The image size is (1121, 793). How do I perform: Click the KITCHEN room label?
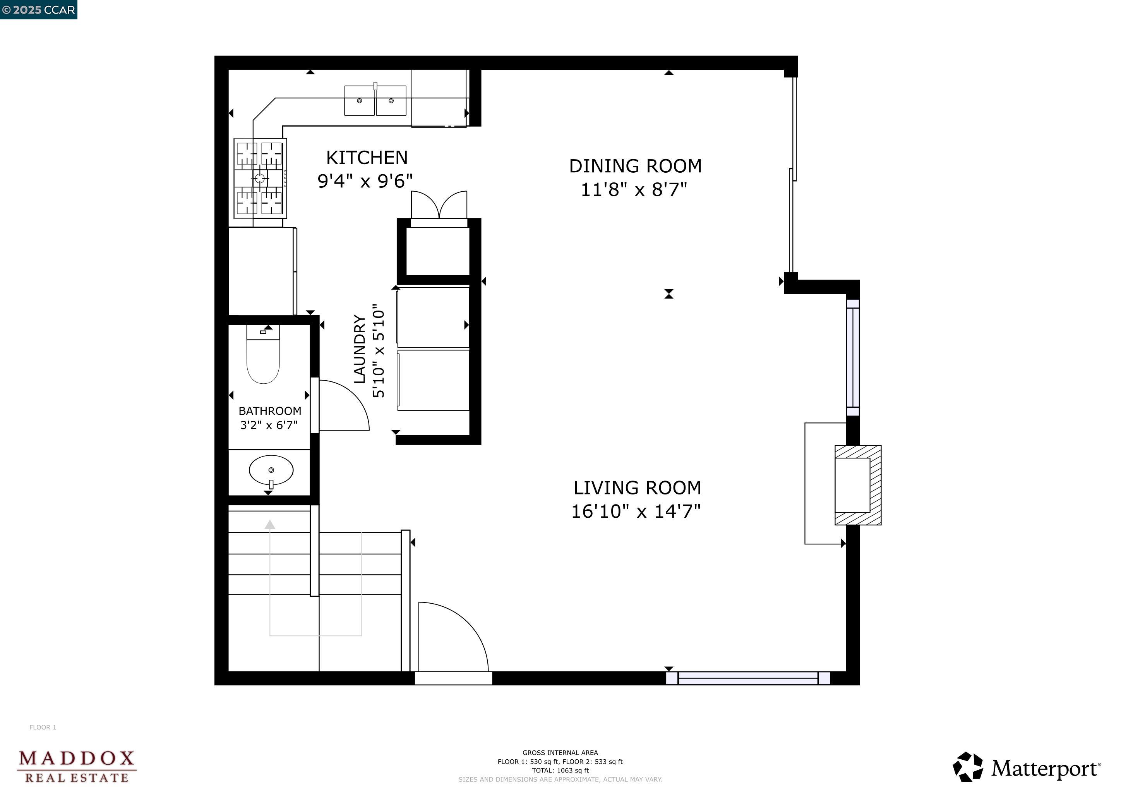click(367, 158)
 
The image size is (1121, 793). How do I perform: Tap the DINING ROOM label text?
click(635, 166)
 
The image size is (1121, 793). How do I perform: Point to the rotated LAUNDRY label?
click(360, 349)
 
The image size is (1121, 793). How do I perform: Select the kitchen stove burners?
click(260, 178)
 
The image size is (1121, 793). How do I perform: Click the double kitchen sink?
click(375, 100)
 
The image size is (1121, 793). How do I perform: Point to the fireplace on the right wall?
click(858, 485)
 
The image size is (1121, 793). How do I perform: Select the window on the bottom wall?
click(748, 678)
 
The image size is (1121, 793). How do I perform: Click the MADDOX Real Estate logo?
click(77, 767)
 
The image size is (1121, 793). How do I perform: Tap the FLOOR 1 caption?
click(43, 727)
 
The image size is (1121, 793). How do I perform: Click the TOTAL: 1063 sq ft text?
click(560, 771)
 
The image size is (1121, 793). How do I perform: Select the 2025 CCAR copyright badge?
click(39, 10)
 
